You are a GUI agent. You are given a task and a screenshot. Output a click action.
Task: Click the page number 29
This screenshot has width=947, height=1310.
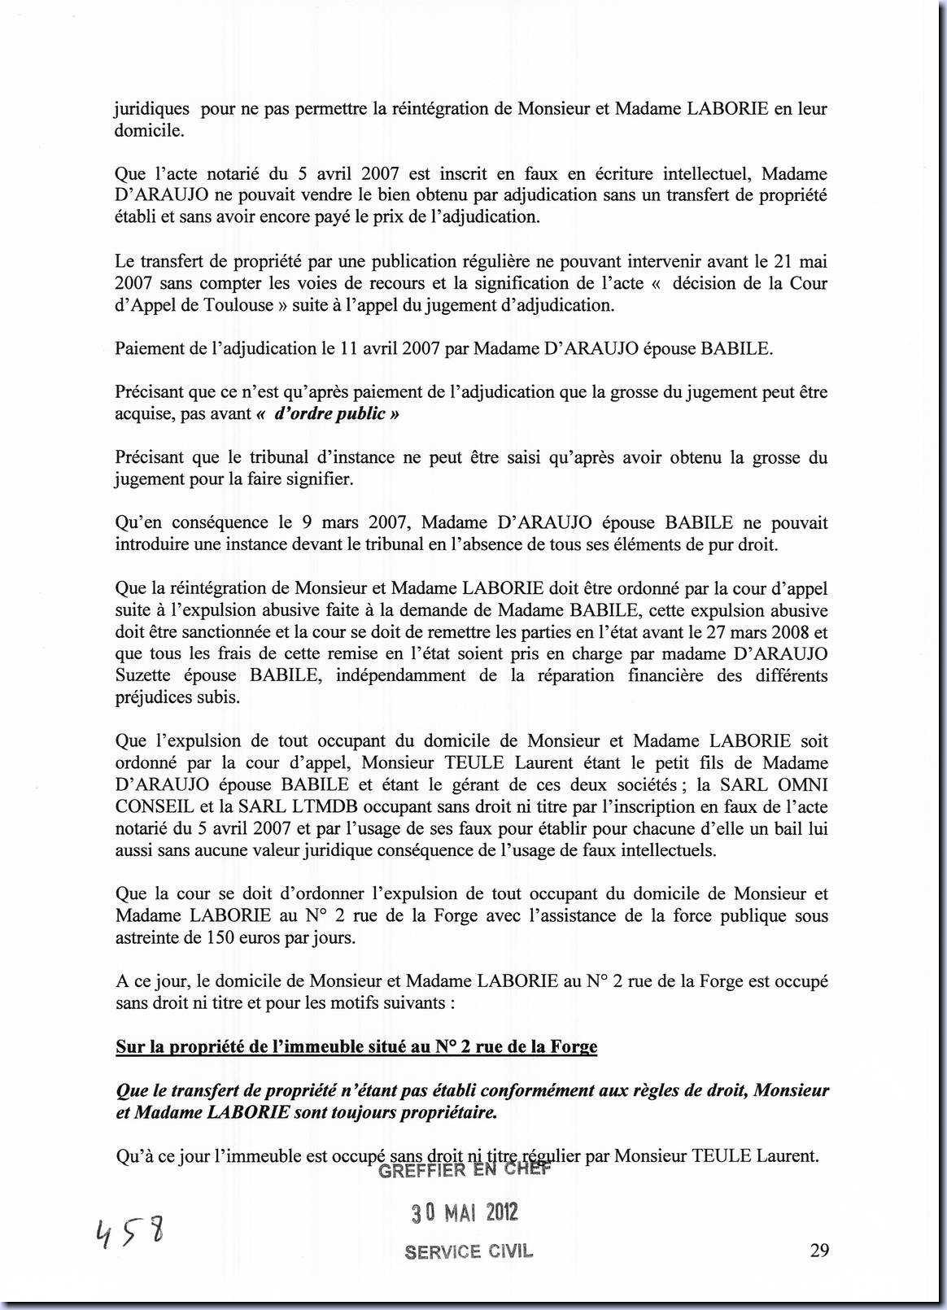click(819, 1250)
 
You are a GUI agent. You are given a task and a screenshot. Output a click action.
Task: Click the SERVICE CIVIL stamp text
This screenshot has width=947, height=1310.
click(469, 1251)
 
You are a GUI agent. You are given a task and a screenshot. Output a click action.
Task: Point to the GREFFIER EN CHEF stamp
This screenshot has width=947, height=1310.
click(465, 1170)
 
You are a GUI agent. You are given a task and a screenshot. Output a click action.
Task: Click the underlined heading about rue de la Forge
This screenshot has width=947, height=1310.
click(356, 1046)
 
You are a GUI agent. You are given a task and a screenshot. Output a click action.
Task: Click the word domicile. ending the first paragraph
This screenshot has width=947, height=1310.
click(150, 130)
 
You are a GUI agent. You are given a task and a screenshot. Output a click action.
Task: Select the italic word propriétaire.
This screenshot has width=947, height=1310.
click(438, 1112)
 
